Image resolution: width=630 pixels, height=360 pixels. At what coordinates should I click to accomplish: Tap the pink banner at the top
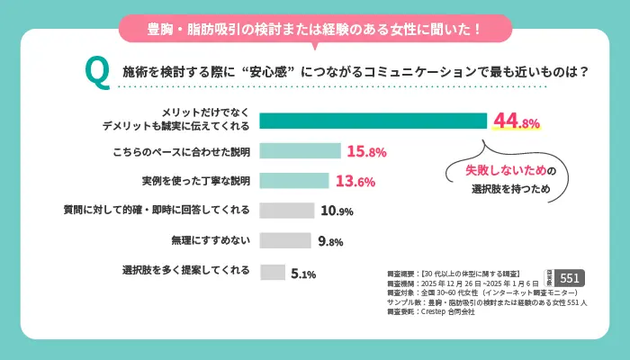click(315, 28)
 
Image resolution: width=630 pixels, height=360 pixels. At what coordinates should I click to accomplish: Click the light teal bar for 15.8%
click(300, 151)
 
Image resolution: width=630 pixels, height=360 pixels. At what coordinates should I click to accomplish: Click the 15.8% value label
click(366, 151)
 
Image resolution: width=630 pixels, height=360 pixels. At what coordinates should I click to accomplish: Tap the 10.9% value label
click(336, 211)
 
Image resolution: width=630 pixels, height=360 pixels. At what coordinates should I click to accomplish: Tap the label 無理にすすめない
click(211, 241)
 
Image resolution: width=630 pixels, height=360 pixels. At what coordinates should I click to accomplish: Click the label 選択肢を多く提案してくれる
click(186, 271)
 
